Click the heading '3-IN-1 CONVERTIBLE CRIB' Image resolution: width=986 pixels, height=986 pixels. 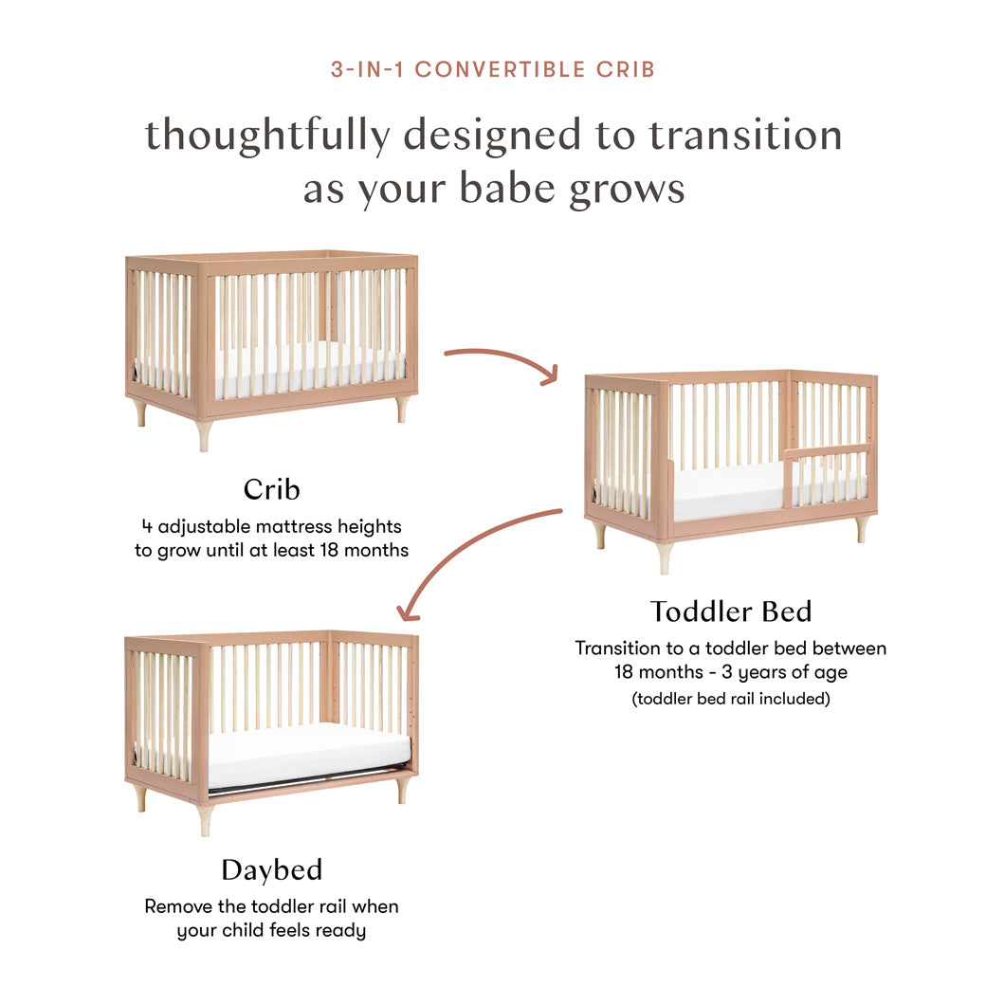(493, 69)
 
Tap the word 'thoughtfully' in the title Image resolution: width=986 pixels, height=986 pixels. (266, 136)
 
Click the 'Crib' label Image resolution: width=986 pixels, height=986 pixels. (271, 489)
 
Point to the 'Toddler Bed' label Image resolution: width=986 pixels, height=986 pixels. (730, 612)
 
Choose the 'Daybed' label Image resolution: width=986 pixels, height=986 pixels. (272, 869)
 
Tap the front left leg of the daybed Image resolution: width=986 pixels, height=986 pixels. (205, 818)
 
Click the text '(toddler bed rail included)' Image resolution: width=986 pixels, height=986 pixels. (730, 700)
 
